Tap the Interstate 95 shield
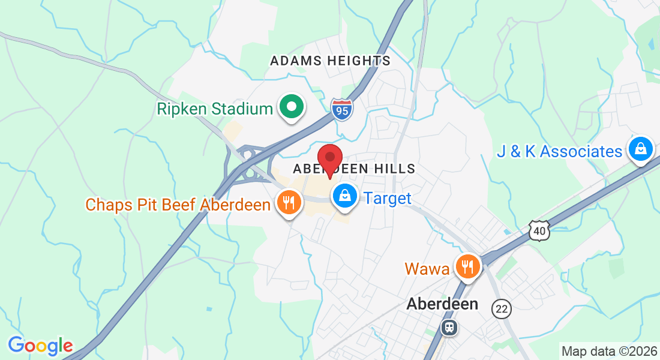tap(342, 110)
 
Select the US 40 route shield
tap(539, 230)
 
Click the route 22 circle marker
tap(501, 308)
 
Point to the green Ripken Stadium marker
tap(292, 108)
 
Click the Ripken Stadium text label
tap(215, 109)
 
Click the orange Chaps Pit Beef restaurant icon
tap(289, 203)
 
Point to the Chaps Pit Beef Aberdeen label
tap(178, 205)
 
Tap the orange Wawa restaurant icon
tap(467, 266)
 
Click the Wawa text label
tap(427, 268)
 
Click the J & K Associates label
tap(559, 151)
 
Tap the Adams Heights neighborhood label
tap(330, 61)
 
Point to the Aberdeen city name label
tap(442, 304)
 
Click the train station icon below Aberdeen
tap(448, 328)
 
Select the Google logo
tap(40, 346)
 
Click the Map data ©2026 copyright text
tap(608, 350)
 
